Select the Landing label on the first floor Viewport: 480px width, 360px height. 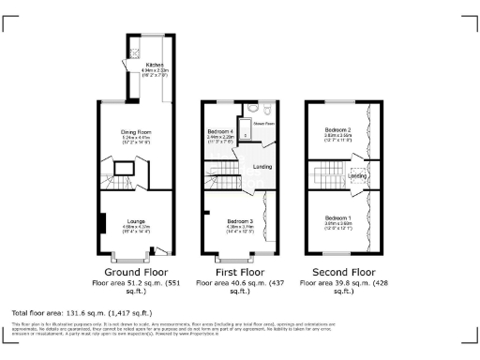263,167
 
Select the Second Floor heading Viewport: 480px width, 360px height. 337,272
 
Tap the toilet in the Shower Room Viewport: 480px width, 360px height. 265,108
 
